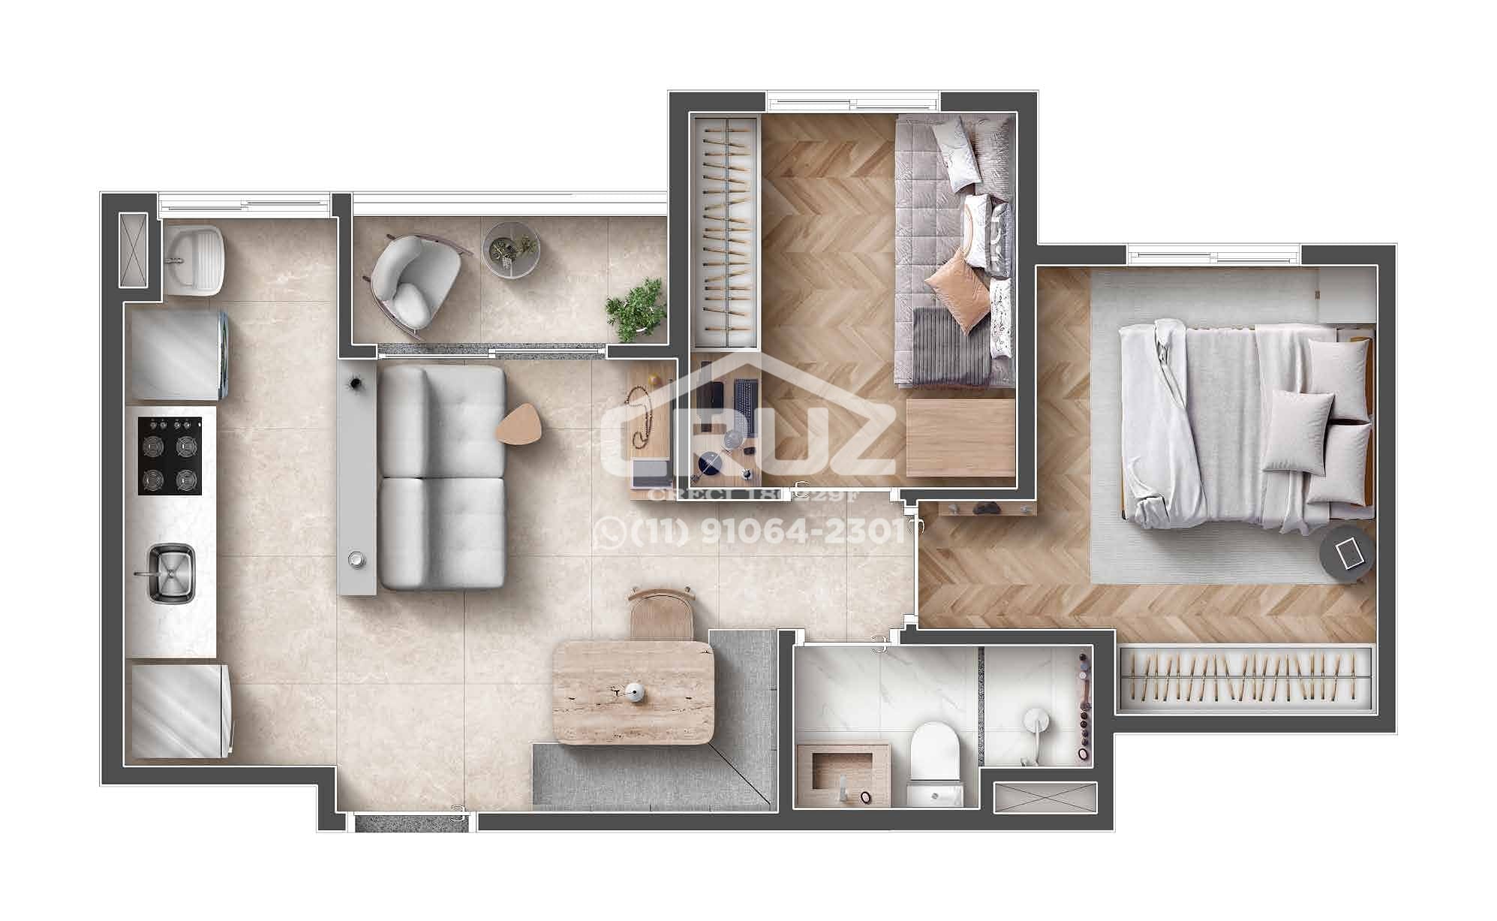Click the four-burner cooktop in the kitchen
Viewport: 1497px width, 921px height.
170,456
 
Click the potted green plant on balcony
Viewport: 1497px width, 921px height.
637,309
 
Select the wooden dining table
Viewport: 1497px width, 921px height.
632,692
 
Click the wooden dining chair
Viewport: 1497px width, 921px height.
661,612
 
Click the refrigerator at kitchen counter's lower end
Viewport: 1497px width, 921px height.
181,709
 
